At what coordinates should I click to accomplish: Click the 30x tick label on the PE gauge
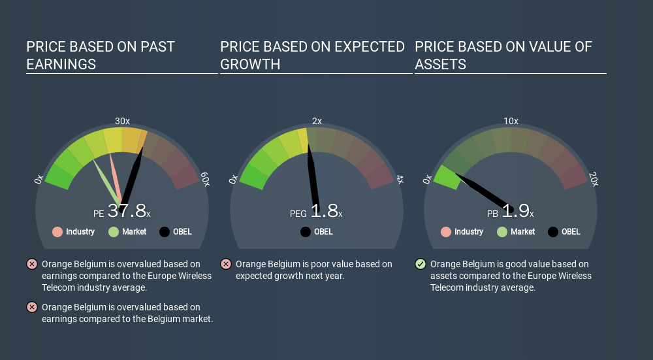(x=122, y=121)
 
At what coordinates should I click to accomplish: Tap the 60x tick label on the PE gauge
(x=205, y=179)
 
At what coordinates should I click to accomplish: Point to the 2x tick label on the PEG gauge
(x=317, y=121)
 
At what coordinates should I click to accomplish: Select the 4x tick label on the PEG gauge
(x=399, y=179)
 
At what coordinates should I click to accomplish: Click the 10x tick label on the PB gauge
(x=511, y=121)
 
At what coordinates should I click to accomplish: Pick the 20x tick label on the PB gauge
(x=594, y=179)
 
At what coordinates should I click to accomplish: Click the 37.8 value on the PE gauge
(x=127, y=210)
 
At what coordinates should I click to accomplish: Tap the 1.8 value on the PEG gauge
(x=324, y=210)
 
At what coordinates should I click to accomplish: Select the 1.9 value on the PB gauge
(x=516, y=210)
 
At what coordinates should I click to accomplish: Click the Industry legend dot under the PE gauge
(x=57, y=232)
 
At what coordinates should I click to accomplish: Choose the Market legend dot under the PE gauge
(x=114, y=232)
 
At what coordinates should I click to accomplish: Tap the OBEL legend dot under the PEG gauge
(x=306, y=232)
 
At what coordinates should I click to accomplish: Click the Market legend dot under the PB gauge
(x=502, y=232)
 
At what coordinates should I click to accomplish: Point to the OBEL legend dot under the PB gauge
(x=553, y=232)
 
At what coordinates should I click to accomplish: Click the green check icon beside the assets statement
(x=421, y=264)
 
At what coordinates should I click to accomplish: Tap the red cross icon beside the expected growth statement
(x=226, y=264)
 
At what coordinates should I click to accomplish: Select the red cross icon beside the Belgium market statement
(x=31, y=307)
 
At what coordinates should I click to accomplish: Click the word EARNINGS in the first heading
(x=61, y=64)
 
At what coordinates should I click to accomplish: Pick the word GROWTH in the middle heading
(x=250, y=64)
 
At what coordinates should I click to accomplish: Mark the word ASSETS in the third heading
(x=440, y=64)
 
